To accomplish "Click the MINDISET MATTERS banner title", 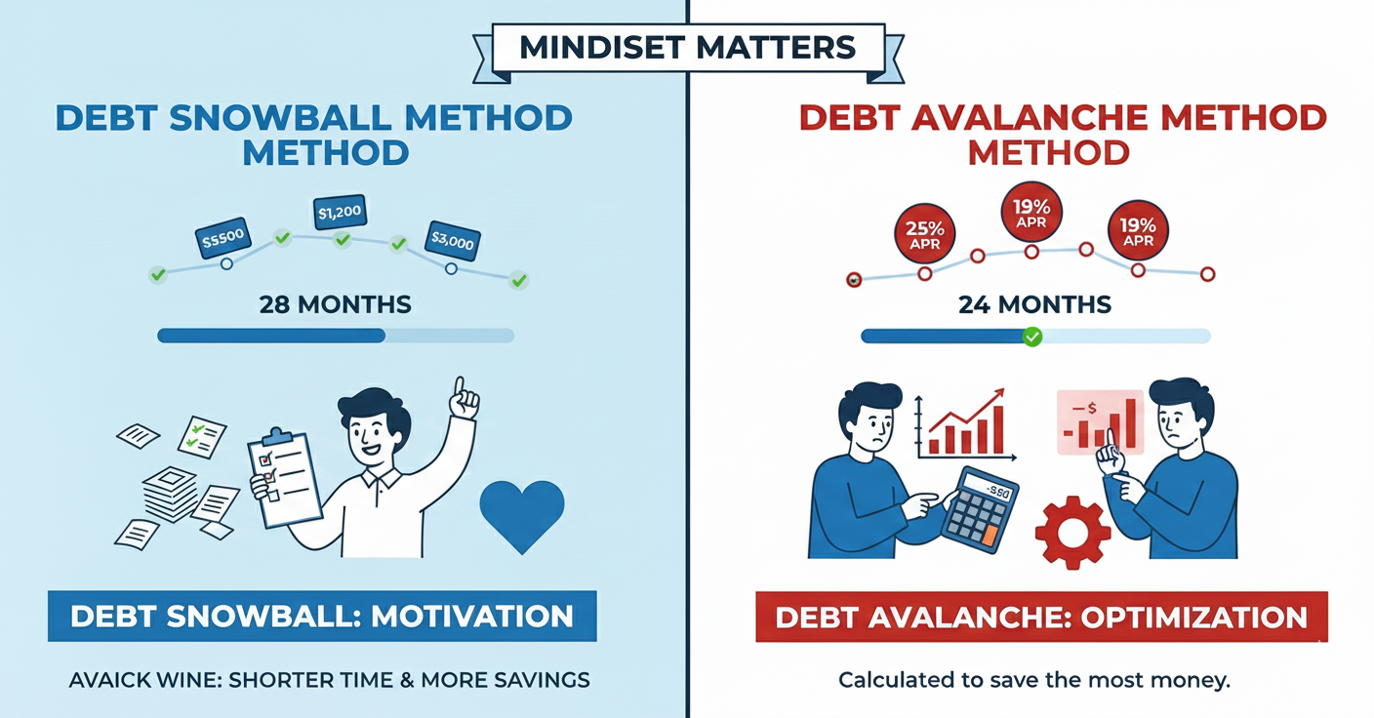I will (687, 47).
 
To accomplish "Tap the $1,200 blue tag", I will (340, 211).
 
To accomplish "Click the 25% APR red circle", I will (925, 234).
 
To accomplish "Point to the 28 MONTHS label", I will (335, 304).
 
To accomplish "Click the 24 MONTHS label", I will (1034, 304).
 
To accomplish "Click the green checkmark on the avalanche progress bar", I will (1031, 337).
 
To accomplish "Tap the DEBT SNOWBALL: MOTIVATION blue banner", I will (321, 616).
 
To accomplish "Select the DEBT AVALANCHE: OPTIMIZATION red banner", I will (1041, 617).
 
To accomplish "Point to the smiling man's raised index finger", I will (459, 386).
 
